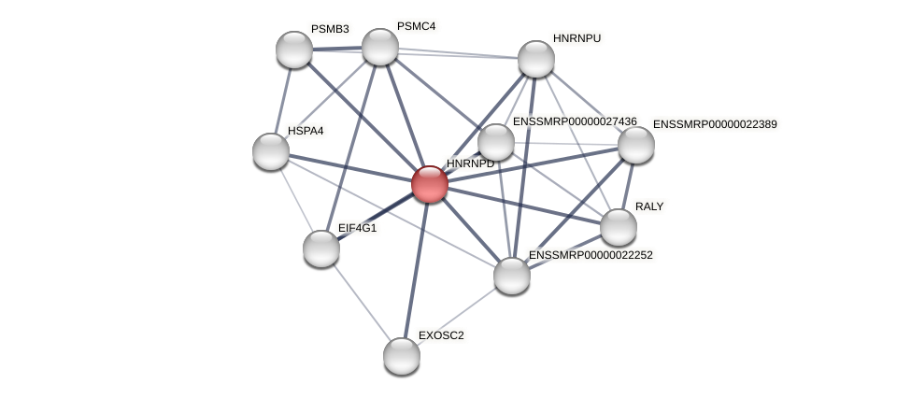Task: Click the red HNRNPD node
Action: (x=430, y=184)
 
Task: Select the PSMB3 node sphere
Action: (x=294, y=50)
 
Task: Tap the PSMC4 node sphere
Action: (x=380, y=47)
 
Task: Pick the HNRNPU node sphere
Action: (x=536, y=59)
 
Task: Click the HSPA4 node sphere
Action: (x=271, y=151)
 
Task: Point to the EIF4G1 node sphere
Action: (x=321, y=249)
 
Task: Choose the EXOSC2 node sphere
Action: (x=402, y=355)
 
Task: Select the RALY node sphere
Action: (x=619, y=227)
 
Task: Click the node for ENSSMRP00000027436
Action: (x=496, y=142)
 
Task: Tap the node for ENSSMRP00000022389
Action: (x=636, y=145)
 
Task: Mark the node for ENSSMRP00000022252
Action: (x=512, y=276)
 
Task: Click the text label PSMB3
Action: (x=330, y=29)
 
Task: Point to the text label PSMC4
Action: (x=416, y=26)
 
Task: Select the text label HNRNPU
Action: (x=576, y=38)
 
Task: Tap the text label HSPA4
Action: (x=306, y=131)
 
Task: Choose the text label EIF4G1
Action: (x=358, y=228)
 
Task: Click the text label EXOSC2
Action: (x=440, y=335)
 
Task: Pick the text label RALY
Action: (x=649, y=206)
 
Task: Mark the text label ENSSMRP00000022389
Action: (x=714, y=124)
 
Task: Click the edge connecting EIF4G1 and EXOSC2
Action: (x=362, y=302)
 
